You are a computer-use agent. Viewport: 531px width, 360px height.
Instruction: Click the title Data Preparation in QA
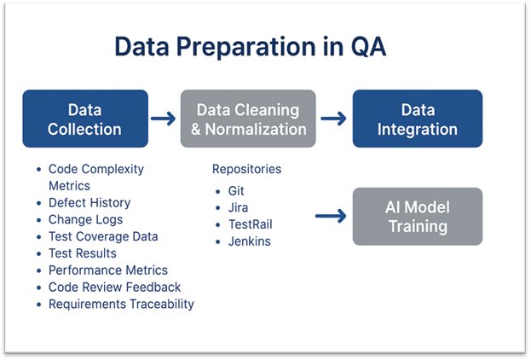click(250, 47)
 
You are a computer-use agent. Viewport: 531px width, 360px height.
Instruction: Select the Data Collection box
click(84, 119)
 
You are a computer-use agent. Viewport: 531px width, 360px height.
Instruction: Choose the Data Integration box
click(418, 119)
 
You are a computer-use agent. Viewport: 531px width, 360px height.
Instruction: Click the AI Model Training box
click(418, 217)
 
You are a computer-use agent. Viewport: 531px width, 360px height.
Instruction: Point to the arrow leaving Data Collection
click(164, 119)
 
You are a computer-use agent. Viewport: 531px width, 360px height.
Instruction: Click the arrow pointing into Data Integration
click(334, 119)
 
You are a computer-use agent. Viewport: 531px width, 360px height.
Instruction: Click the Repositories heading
click(246, 169)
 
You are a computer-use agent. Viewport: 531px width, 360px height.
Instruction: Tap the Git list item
click(236, 192)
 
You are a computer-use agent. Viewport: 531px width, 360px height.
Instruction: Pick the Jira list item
click(238, 208)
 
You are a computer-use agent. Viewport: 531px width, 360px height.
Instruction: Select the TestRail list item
click(249, 224)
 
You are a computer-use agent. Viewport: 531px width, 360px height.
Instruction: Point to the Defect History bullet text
click(89, 202)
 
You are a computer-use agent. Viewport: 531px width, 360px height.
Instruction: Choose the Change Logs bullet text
click(85, 219)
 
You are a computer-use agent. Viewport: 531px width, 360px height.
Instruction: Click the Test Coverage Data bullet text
click(103, 236)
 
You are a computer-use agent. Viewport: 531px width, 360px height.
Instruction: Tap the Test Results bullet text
click(83, 253)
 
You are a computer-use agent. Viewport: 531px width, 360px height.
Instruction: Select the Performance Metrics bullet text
click(108, 270)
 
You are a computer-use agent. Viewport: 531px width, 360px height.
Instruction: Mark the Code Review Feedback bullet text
click(114, 287)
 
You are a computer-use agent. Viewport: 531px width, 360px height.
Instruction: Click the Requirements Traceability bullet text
click(121, 305)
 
